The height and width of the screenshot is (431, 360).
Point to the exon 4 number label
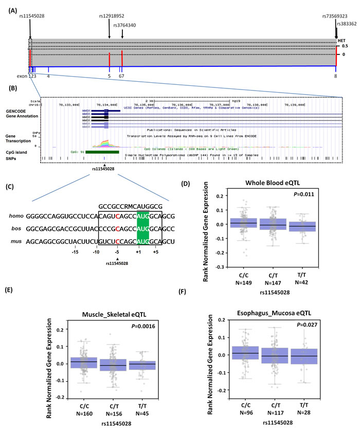coord(48,76)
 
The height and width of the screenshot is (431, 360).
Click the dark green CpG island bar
coord(102,152)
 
